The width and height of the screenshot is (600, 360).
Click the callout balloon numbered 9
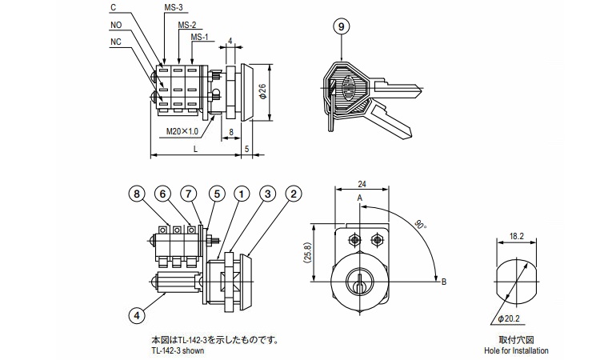[342, 26]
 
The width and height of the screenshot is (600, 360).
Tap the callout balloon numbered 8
[137, 194]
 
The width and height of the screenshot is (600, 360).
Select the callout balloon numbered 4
[138, 316]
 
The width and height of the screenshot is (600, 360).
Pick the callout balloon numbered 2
[294, 194]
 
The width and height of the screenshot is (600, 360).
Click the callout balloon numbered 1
[241, 194]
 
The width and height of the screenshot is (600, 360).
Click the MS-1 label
[199, 37]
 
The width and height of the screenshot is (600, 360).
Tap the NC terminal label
[116, 42]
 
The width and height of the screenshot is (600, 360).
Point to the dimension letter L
[196, 150]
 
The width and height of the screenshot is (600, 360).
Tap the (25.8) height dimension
[319, 254]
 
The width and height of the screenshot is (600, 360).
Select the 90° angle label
[421, 225]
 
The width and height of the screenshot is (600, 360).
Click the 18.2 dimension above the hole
[516, 236]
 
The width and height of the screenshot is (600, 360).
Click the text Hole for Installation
[516, 350]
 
